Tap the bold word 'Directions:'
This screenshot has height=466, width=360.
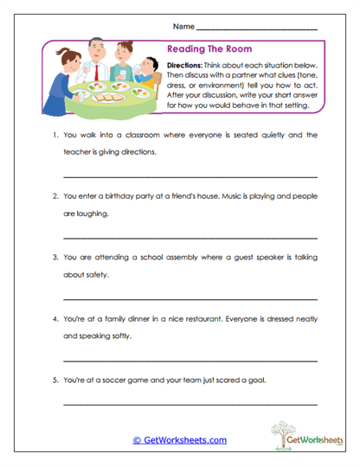click(187, 67)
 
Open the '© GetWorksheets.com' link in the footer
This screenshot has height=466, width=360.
click(179, 440)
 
